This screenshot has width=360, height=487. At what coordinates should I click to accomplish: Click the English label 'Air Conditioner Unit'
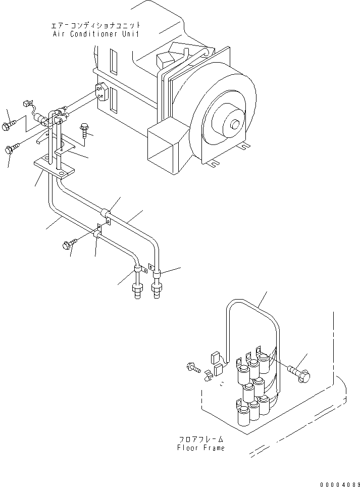[96, 34]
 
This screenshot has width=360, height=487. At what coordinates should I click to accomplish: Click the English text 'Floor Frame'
[200, 448]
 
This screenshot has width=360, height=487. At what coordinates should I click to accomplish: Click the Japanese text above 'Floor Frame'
[200, 439]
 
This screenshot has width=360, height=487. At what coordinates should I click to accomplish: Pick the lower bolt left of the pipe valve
[12, 149]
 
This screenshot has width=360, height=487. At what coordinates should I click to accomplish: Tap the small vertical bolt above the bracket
[84, 130]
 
